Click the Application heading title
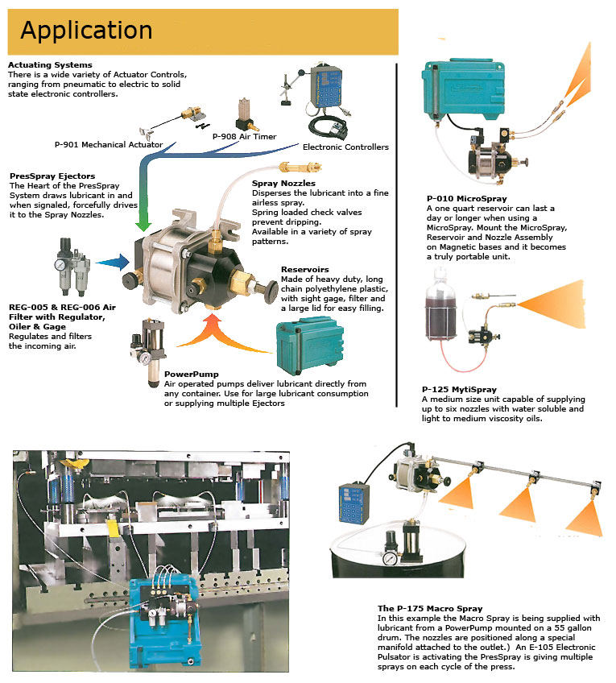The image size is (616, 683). pos(86,31)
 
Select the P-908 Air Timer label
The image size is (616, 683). pos(244,137)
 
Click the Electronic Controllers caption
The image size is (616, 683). pos(345,147)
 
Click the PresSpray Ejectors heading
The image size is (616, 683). pos(52,176)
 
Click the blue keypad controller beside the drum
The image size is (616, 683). pos(356,507)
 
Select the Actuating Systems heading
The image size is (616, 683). pos(49,64)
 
